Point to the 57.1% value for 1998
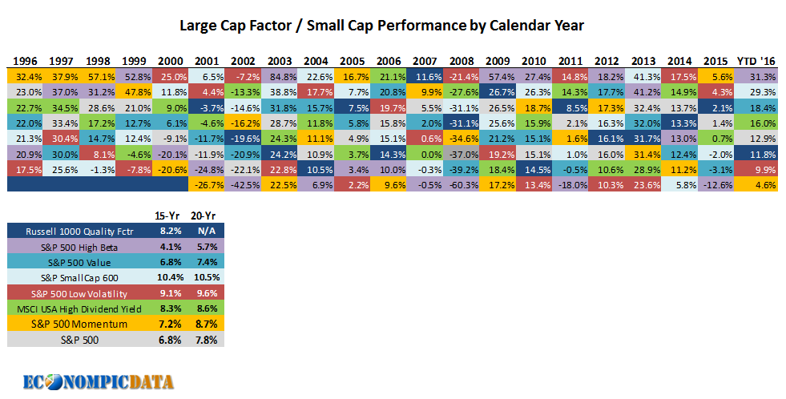click(98, 77)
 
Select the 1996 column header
click(26, 62)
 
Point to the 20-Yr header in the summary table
click(204, 215)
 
